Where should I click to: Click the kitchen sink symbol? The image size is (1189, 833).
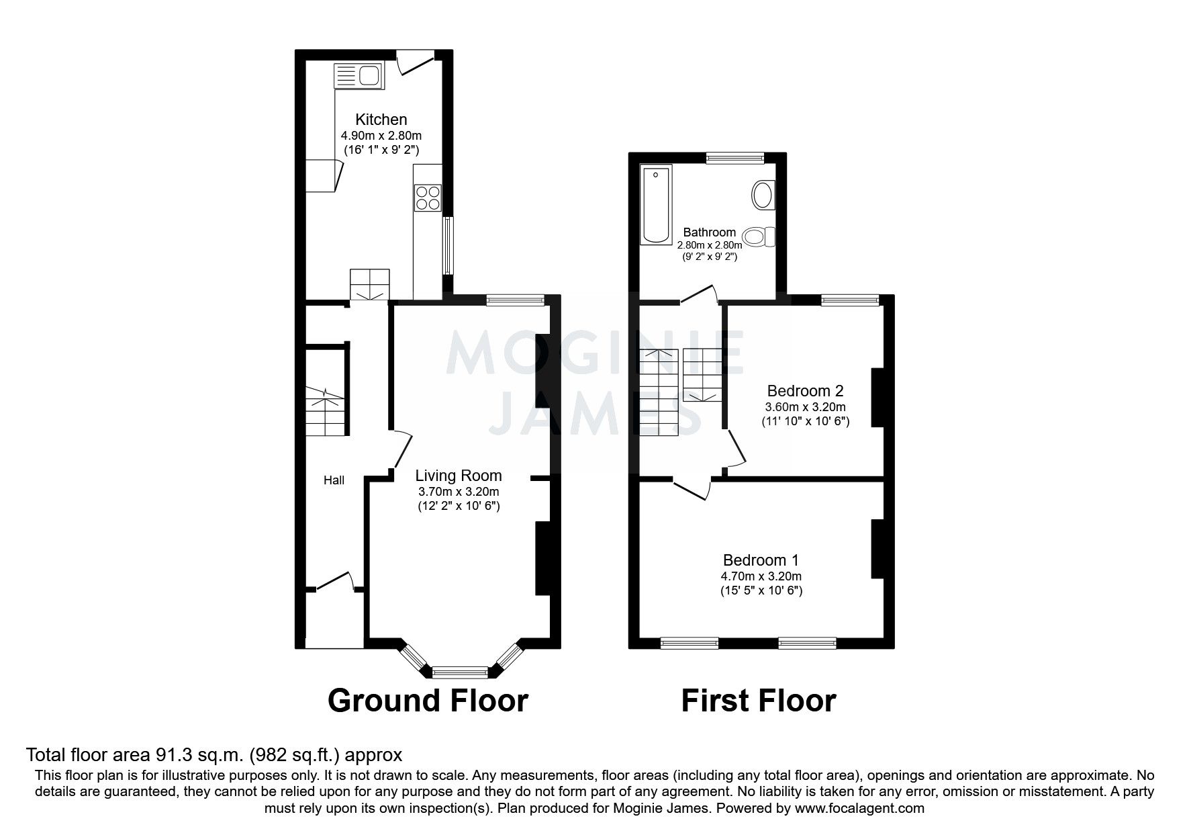[x=357, y=75]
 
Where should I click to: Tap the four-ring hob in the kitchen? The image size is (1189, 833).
[x=428, y=198]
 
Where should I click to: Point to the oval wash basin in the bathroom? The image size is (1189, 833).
[x=762, y=195]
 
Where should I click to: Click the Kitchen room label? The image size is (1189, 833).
[x=381, y=120]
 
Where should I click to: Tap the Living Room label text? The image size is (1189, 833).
[x=458, y=476]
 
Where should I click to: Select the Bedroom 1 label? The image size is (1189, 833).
[x=761, y=560]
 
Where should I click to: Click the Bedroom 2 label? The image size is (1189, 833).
[x=805, y=390]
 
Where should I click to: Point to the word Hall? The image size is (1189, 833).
[x=334, y=480]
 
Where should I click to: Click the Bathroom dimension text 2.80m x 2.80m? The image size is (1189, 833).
[x=710, y=245]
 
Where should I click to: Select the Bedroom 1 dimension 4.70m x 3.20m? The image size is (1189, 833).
[x=761, y=576]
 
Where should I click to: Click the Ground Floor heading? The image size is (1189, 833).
[x=428, y=700]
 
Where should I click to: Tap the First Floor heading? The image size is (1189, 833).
[x=758, y=700]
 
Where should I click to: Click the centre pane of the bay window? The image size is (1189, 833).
[x=460, y=671]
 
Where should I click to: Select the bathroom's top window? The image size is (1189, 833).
[x=735, y=159]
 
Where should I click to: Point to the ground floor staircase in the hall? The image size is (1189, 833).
[x=325, y=410]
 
